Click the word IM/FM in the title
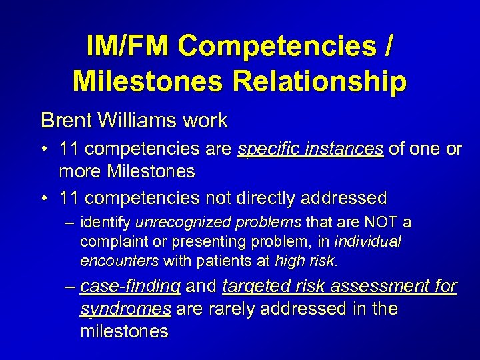pos(128,46)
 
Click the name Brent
pos(68,121)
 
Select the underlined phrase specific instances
pos(311,149)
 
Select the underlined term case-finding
pos(129,287)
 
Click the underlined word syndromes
pos(125,309)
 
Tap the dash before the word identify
pos(69,222)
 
